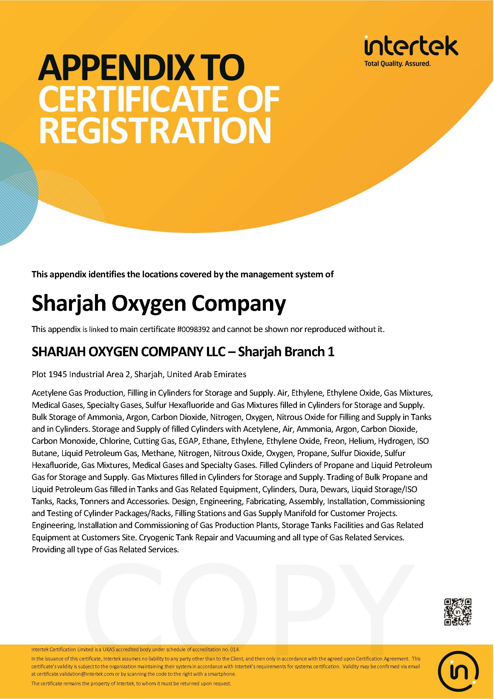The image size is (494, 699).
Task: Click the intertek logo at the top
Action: coord(411,46)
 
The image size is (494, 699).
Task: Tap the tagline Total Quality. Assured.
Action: coord(397,64)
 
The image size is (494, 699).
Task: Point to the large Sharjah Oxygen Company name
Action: coord(159,304)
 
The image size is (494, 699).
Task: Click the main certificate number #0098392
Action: coord(194,329)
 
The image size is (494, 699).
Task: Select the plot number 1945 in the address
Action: coord(59,374)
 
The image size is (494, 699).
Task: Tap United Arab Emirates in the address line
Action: coord(207,374)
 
